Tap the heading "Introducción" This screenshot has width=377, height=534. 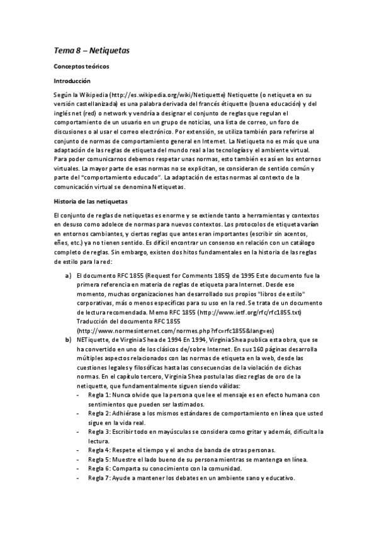(72, 81)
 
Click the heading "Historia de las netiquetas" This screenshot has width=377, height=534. (91, 202)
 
